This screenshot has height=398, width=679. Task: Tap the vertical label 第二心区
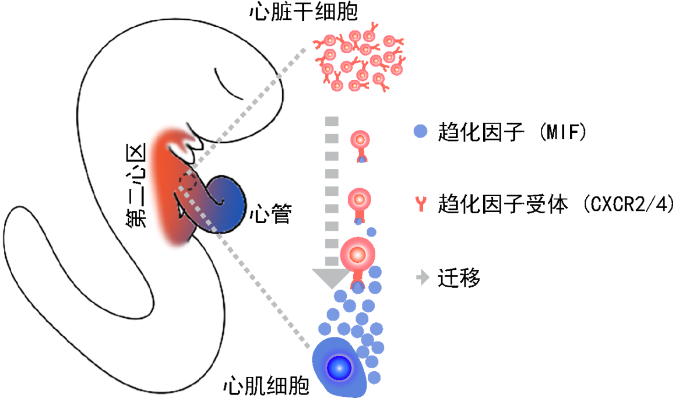[x=135, y=185]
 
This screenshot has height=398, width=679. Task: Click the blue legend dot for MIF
[x=421, y=132]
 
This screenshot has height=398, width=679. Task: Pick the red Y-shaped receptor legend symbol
[x=420, y=205]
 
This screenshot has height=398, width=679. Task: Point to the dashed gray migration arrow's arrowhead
[x=332, y=277]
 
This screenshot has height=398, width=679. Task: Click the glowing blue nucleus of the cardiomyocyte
[x=339, y=368]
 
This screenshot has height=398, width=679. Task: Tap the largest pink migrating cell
[x=357, y=253]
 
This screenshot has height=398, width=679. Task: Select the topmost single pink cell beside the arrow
[x=360, y=141]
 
